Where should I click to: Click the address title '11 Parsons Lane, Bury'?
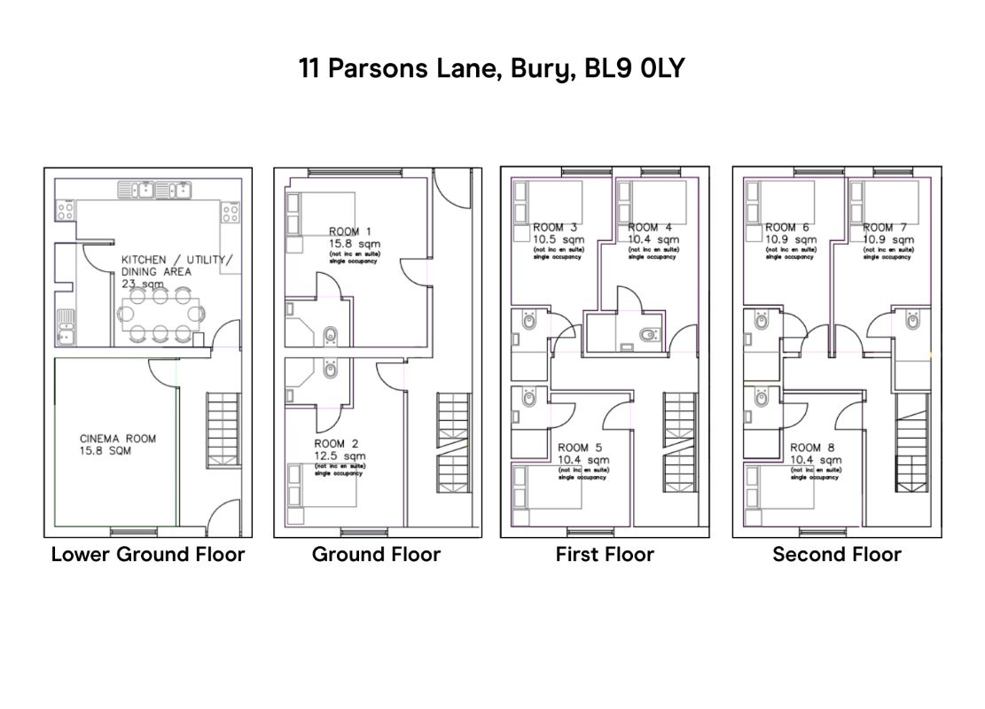point(492,68)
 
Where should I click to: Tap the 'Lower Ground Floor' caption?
point(148,555)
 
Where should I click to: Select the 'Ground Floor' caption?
point(376,555)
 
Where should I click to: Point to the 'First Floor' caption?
point(605,555)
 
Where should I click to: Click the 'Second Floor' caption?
point(837,555)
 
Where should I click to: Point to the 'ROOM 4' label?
point(650,228)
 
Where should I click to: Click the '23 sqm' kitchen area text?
point(143,284)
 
